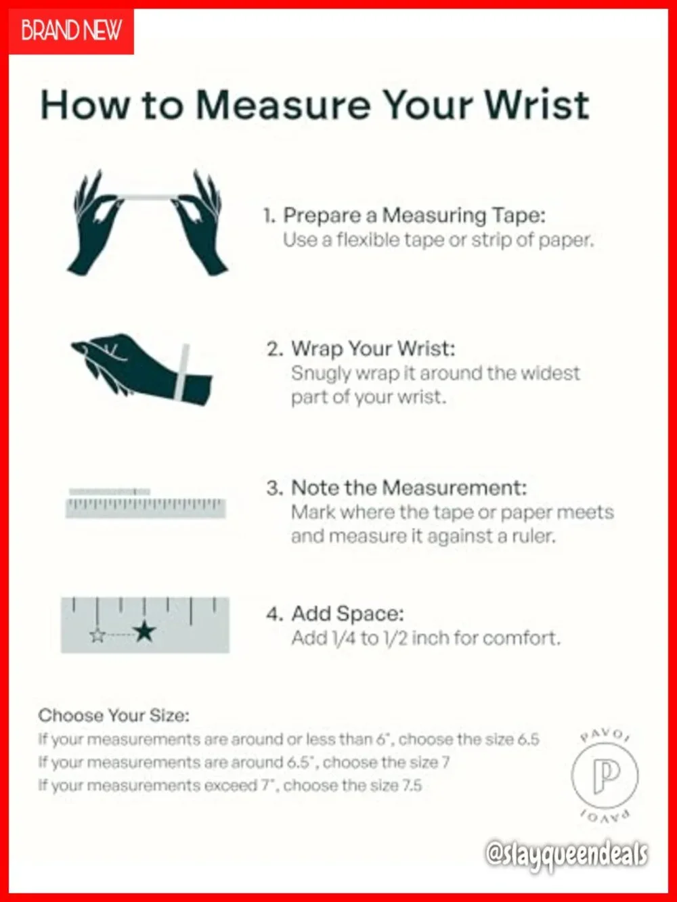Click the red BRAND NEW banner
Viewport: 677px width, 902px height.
point(71,30)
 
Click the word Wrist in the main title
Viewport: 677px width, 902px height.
point(538,105)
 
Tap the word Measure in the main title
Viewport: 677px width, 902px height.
point(283,105)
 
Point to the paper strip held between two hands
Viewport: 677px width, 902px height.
point(146,197)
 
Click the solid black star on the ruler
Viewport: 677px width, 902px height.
point(144,631)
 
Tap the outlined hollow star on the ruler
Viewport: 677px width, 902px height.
point(97,635)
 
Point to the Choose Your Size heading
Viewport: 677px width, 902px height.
point(114,715)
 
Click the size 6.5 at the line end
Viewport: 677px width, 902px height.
point(528,740)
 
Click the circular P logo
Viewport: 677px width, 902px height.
point(605,775)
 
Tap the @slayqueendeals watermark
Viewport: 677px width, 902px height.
point(567,855)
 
